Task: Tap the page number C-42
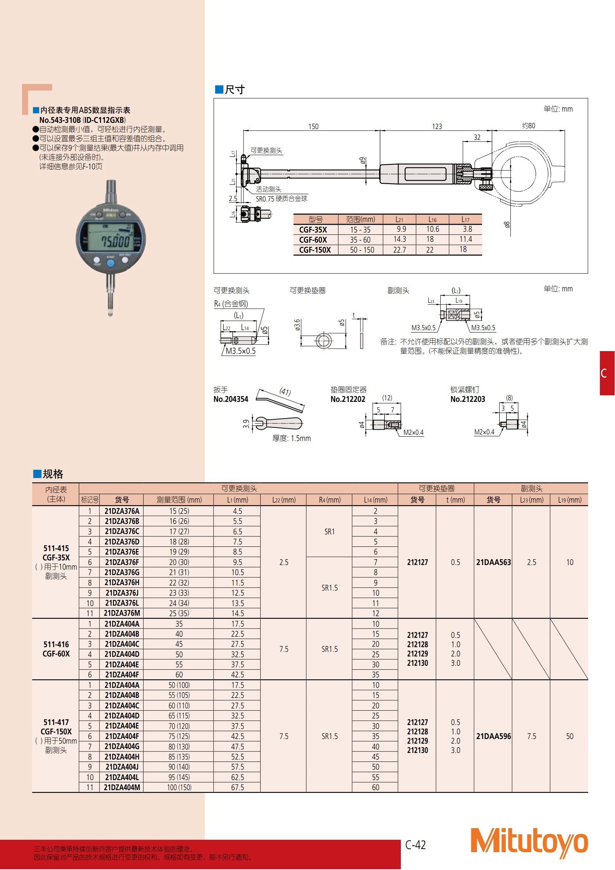(x=416, y=845)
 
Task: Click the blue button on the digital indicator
(x=111, y=264)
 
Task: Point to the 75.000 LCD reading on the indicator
(x=115, y=242)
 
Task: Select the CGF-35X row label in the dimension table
(x=313, y=229)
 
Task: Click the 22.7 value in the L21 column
(x=399, y=250)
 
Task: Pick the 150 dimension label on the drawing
(x=313, y=126)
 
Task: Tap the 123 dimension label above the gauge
(x=437, y=126)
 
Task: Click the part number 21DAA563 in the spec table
(x=493, y=562)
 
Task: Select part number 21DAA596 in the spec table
(x=493, y=736)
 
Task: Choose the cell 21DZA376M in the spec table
(x=122, y=613)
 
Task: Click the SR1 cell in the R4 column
(x=330, y=532)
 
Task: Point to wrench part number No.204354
(x=231, y=399)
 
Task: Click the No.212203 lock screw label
(x=467, y=399)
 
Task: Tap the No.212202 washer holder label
(x=348, y=399)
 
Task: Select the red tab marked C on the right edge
(x=607, y=373)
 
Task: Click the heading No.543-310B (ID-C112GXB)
(x=82, y=120)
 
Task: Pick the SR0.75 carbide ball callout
(x=281, y=199)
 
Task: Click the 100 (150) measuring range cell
(x=179, y=787)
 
